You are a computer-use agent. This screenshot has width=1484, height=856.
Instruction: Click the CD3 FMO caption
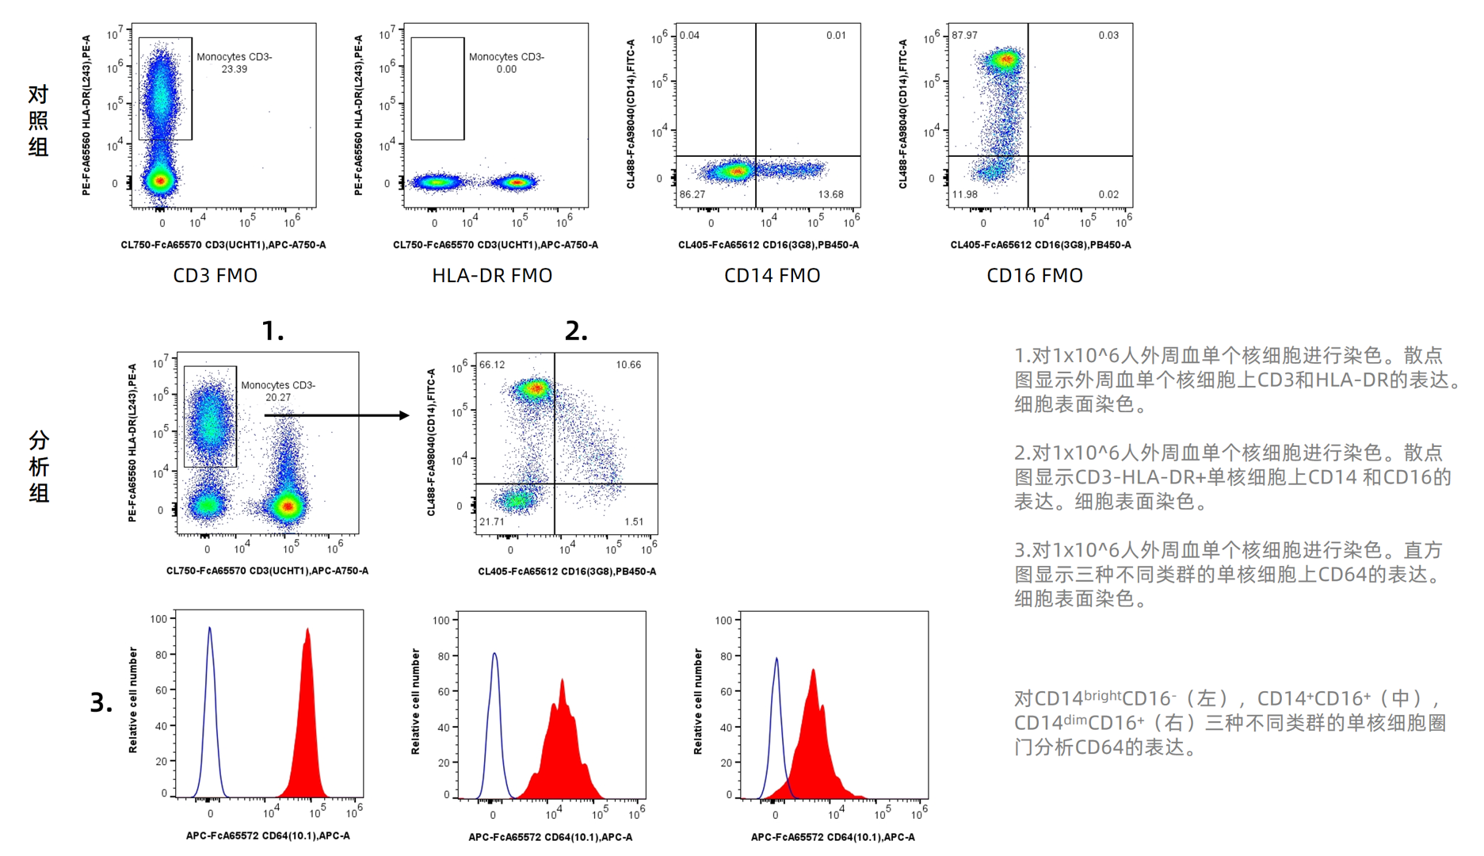coord(215,276)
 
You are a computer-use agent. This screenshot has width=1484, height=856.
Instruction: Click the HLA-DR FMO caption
coord(491,276)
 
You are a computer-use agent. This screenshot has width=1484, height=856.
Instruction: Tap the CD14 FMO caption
coord(772,276)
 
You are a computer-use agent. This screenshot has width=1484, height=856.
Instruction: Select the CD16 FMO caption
coord(1034,276)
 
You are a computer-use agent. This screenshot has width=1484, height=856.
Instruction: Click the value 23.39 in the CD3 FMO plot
coord(235,70)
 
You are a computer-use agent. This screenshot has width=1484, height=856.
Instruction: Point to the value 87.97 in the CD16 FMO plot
coord(964,36)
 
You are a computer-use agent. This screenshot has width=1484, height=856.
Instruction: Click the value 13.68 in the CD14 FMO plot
coord(830,194)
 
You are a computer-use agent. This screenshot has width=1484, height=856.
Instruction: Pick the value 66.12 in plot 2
coord(492,365)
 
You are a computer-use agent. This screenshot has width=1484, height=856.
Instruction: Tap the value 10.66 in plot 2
coord(628,365)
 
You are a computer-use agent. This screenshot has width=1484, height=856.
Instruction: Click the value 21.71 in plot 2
coord(492,522)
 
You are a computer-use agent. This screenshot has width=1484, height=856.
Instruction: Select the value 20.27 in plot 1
coord(278,398)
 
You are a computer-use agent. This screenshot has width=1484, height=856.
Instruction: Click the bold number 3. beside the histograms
coord(101,703)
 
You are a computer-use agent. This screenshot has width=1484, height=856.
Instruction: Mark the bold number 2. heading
coord(576,331)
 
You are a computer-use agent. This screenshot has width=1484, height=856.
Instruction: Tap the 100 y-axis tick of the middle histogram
coord(441,621)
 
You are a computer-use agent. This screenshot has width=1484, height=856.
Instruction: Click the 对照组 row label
coord(38,120)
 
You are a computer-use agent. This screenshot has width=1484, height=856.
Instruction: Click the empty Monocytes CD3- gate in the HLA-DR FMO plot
coord(437,89)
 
